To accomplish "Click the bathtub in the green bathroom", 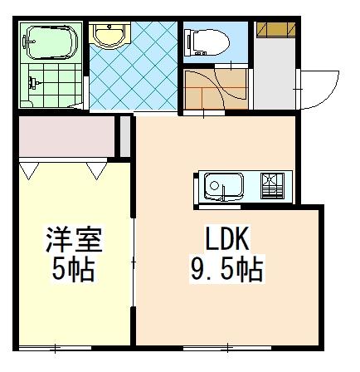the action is (51, 42).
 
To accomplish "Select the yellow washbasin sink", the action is (109, 34).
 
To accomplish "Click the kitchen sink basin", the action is (224, 186).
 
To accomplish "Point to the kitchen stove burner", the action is (273, 186).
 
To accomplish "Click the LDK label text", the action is (226, 238).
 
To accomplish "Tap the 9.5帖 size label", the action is (226, 269).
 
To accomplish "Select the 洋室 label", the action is (74, 240).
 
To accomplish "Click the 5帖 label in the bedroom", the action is (74, 269).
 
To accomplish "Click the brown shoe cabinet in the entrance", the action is (275, 30).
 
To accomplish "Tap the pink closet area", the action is (66, 137).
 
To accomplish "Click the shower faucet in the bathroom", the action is (33, 82).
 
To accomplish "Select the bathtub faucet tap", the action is (28, 42).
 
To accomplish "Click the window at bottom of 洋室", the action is (55, 348).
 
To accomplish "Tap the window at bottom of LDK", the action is (227, 348).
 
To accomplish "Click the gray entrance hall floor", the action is (275, 74).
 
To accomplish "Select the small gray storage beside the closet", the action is (125, 137).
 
